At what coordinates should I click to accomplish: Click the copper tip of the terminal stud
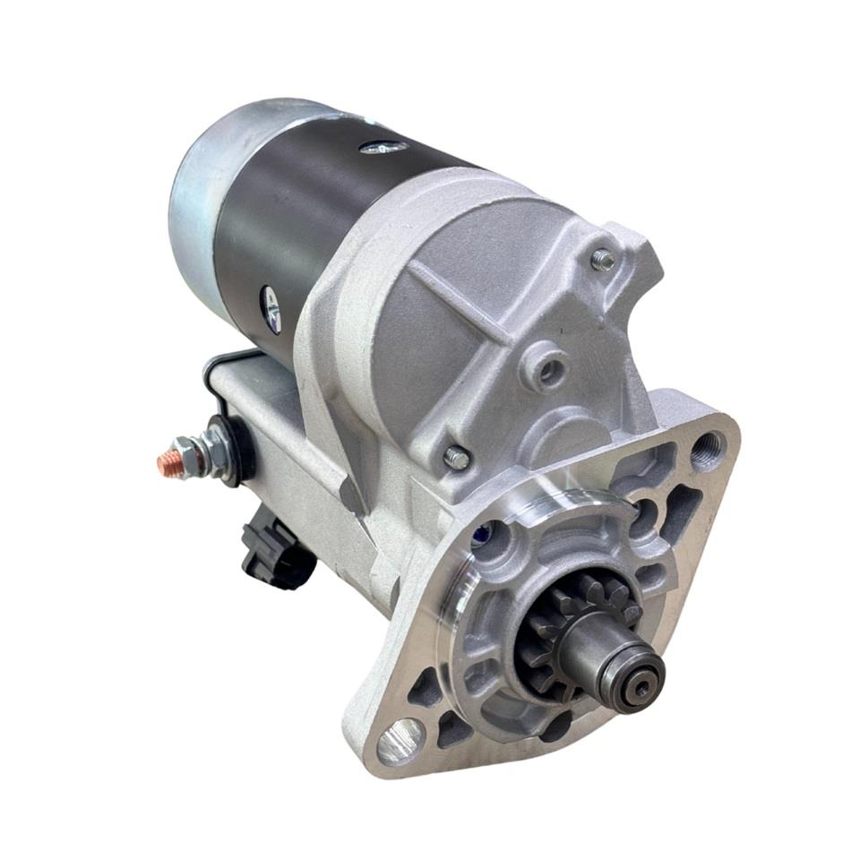166,465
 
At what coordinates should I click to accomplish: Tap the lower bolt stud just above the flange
456,457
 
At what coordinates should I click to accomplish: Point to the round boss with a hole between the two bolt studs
546,368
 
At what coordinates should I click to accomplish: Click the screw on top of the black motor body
385,146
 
